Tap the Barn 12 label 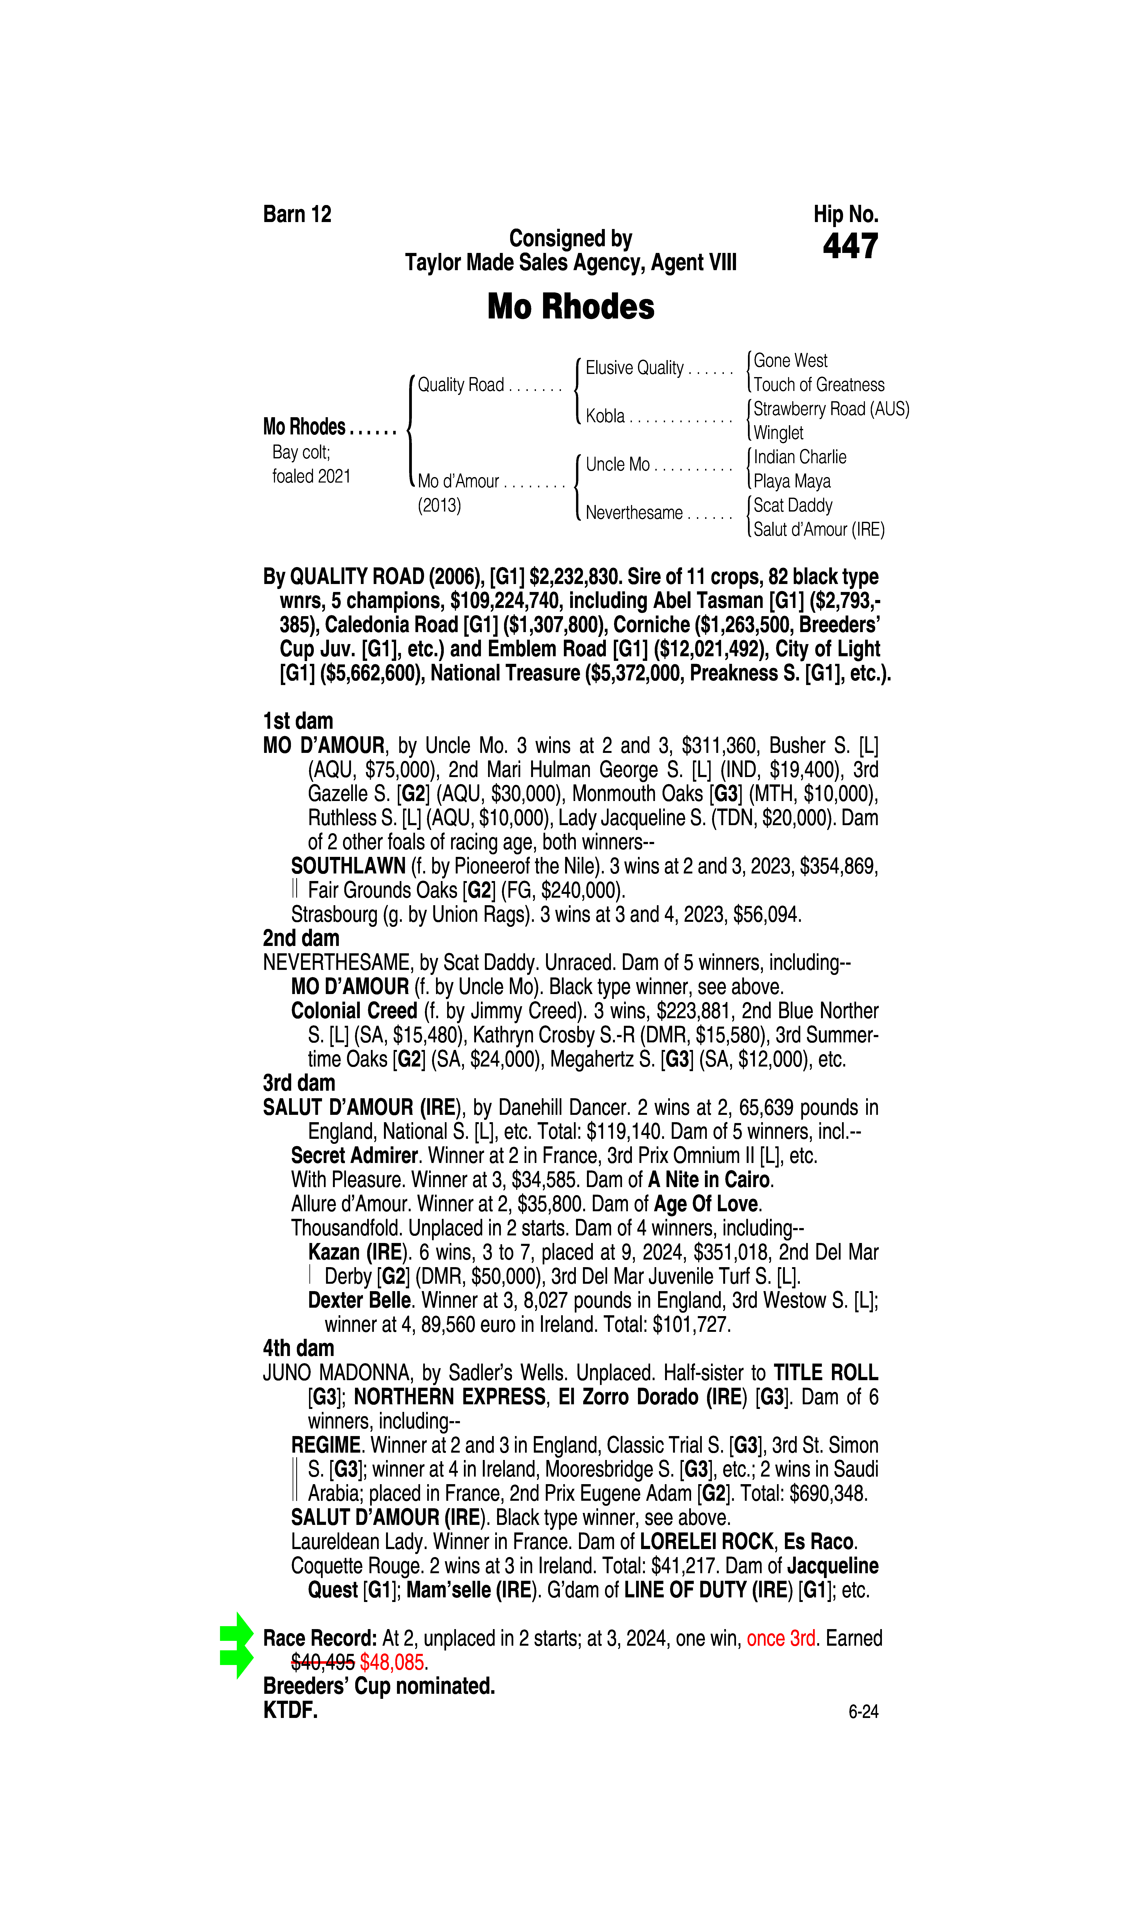click(297, 214)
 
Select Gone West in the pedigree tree click(790, 360)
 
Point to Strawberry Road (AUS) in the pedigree click(831, 409)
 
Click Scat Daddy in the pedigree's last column click(793, 505)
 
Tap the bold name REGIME click(326, 1445)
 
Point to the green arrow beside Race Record click(236, 1645)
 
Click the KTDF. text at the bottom click(290, 1711)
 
